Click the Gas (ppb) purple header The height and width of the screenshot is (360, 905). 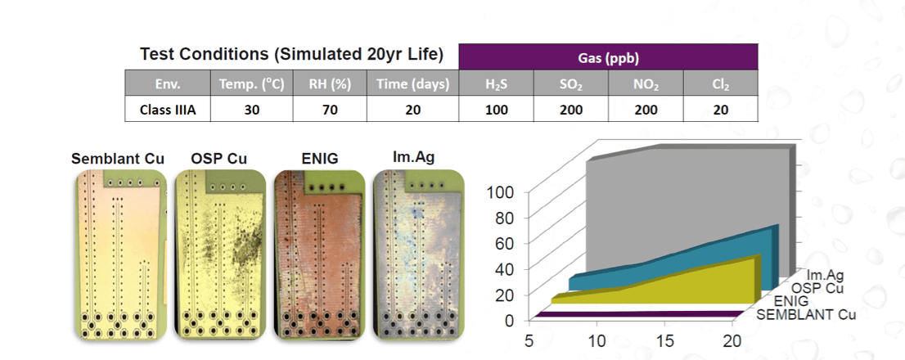tap(609, 57)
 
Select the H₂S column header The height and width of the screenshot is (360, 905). tap(497, 83)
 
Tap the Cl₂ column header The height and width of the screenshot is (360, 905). tap(720, 83)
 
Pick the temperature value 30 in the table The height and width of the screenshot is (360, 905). tap(251, 109)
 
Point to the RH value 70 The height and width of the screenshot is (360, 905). tap(329, 109)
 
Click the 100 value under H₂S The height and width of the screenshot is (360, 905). tap(497, 109)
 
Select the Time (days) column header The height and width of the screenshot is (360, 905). tap(412, 83)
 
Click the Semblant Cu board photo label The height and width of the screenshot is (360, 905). tap(118, 158)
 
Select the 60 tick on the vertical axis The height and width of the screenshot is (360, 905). tap(504, 243)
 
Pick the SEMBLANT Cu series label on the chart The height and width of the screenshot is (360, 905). tap(806, 315)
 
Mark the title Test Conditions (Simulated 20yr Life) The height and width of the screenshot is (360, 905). tap(291, 55)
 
